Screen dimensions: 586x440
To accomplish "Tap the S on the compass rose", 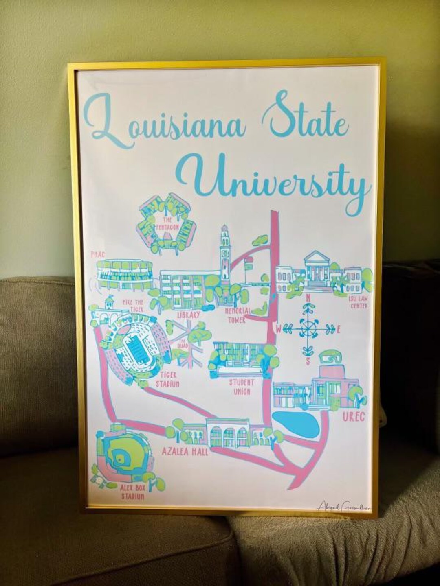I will [308, 361].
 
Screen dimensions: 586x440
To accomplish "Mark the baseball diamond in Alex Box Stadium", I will [121, 459].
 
